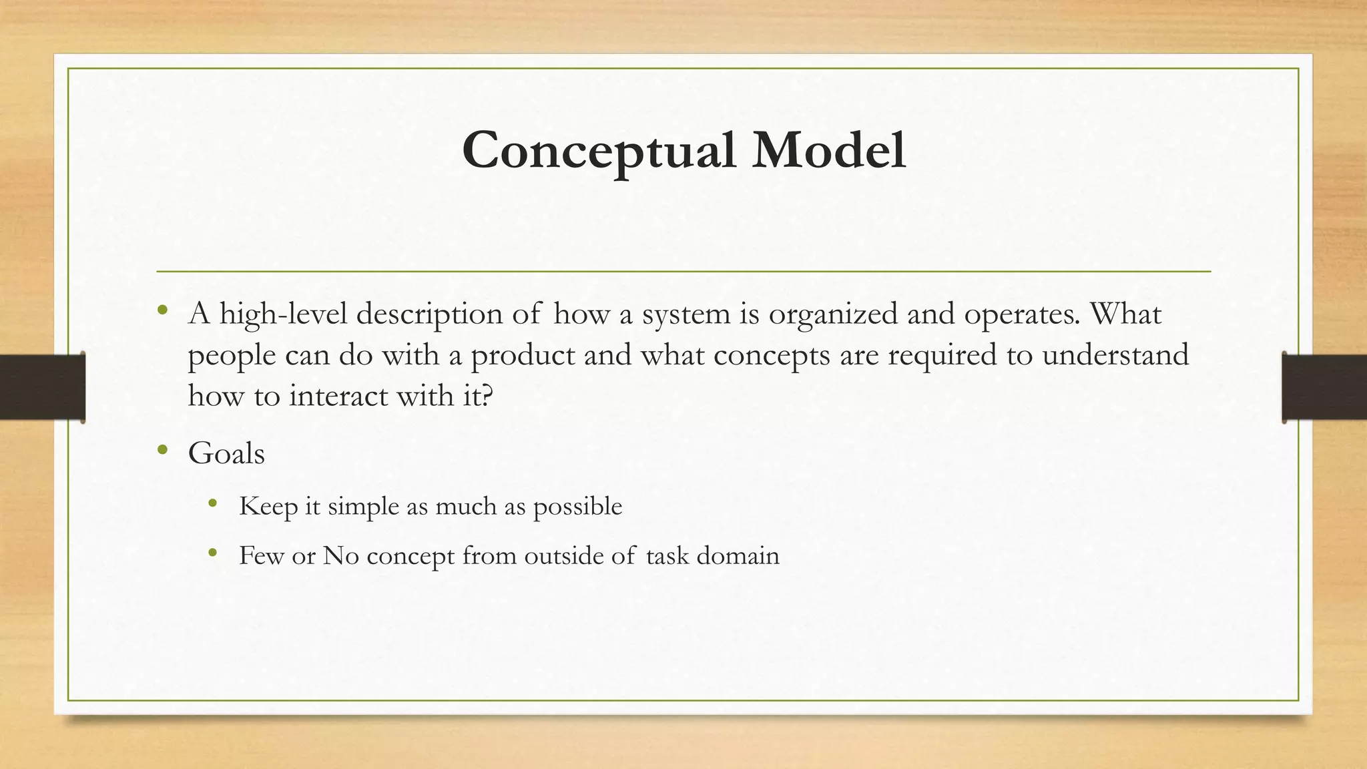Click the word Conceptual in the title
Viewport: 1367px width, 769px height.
tap(599, 151)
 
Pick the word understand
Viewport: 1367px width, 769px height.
tap(1115, 354)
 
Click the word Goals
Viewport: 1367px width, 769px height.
tap(226, 454)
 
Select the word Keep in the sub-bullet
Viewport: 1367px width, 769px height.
tap(268, 507)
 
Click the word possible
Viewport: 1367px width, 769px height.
tap(577, 507)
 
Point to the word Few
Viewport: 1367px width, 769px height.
tap(262, 555)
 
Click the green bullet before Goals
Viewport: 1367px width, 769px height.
tap(162, 451)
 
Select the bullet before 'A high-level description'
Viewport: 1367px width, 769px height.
tap(162, 310)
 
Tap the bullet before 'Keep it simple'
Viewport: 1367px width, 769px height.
tap(213, 503)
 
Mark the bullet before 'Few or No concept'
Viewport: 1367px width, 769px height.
tap(213, 553)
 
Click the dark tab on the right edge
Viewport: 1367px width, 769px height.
tap(1324, 387)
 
